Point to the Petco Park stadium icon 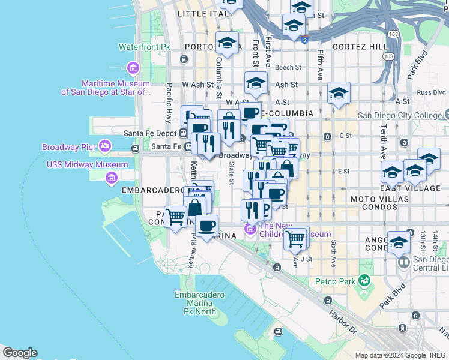(363, 280)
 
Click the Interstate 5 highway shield (306, 40)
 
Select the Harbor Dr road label (342, 322)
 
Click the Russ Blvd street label (431, 92)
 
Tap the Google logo (20, 353)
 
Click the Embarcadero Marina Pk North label (200, 303)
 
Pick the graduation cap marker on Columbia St (228, 43)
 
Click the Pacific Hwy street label (169, 96)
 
